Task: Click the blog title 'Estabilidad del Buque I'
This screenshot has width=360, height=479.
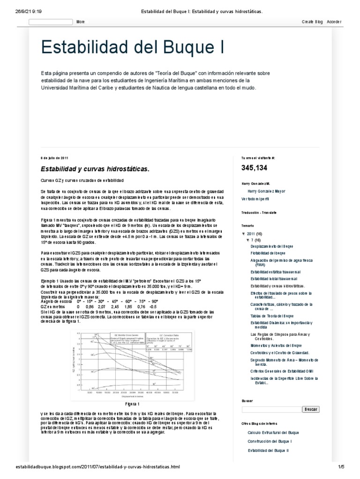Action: (x=133, y=47)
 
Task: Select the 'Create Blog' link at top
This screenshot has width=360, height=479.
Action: (x=312, y=22)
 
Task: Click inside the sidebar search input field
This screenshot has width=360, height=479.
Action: (x=271, y=409)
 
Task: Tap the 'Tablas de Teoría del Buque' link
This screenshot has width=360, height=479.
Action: (x=272, y=316)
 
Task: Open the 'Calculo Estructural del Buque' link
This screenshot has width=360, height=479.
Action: (x=273, y=433)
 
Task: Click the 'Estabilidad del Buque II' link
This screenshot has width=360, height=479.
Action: (x=269, y=450)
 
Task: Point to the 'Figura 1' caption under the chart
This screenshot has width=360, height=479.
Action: (x=132, y=403)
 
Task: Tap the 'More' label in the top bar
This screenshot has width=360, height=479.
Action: (x=81, y=22)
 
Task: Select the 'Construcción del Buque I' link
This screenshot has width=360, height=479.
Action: (x=270, y=442)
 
